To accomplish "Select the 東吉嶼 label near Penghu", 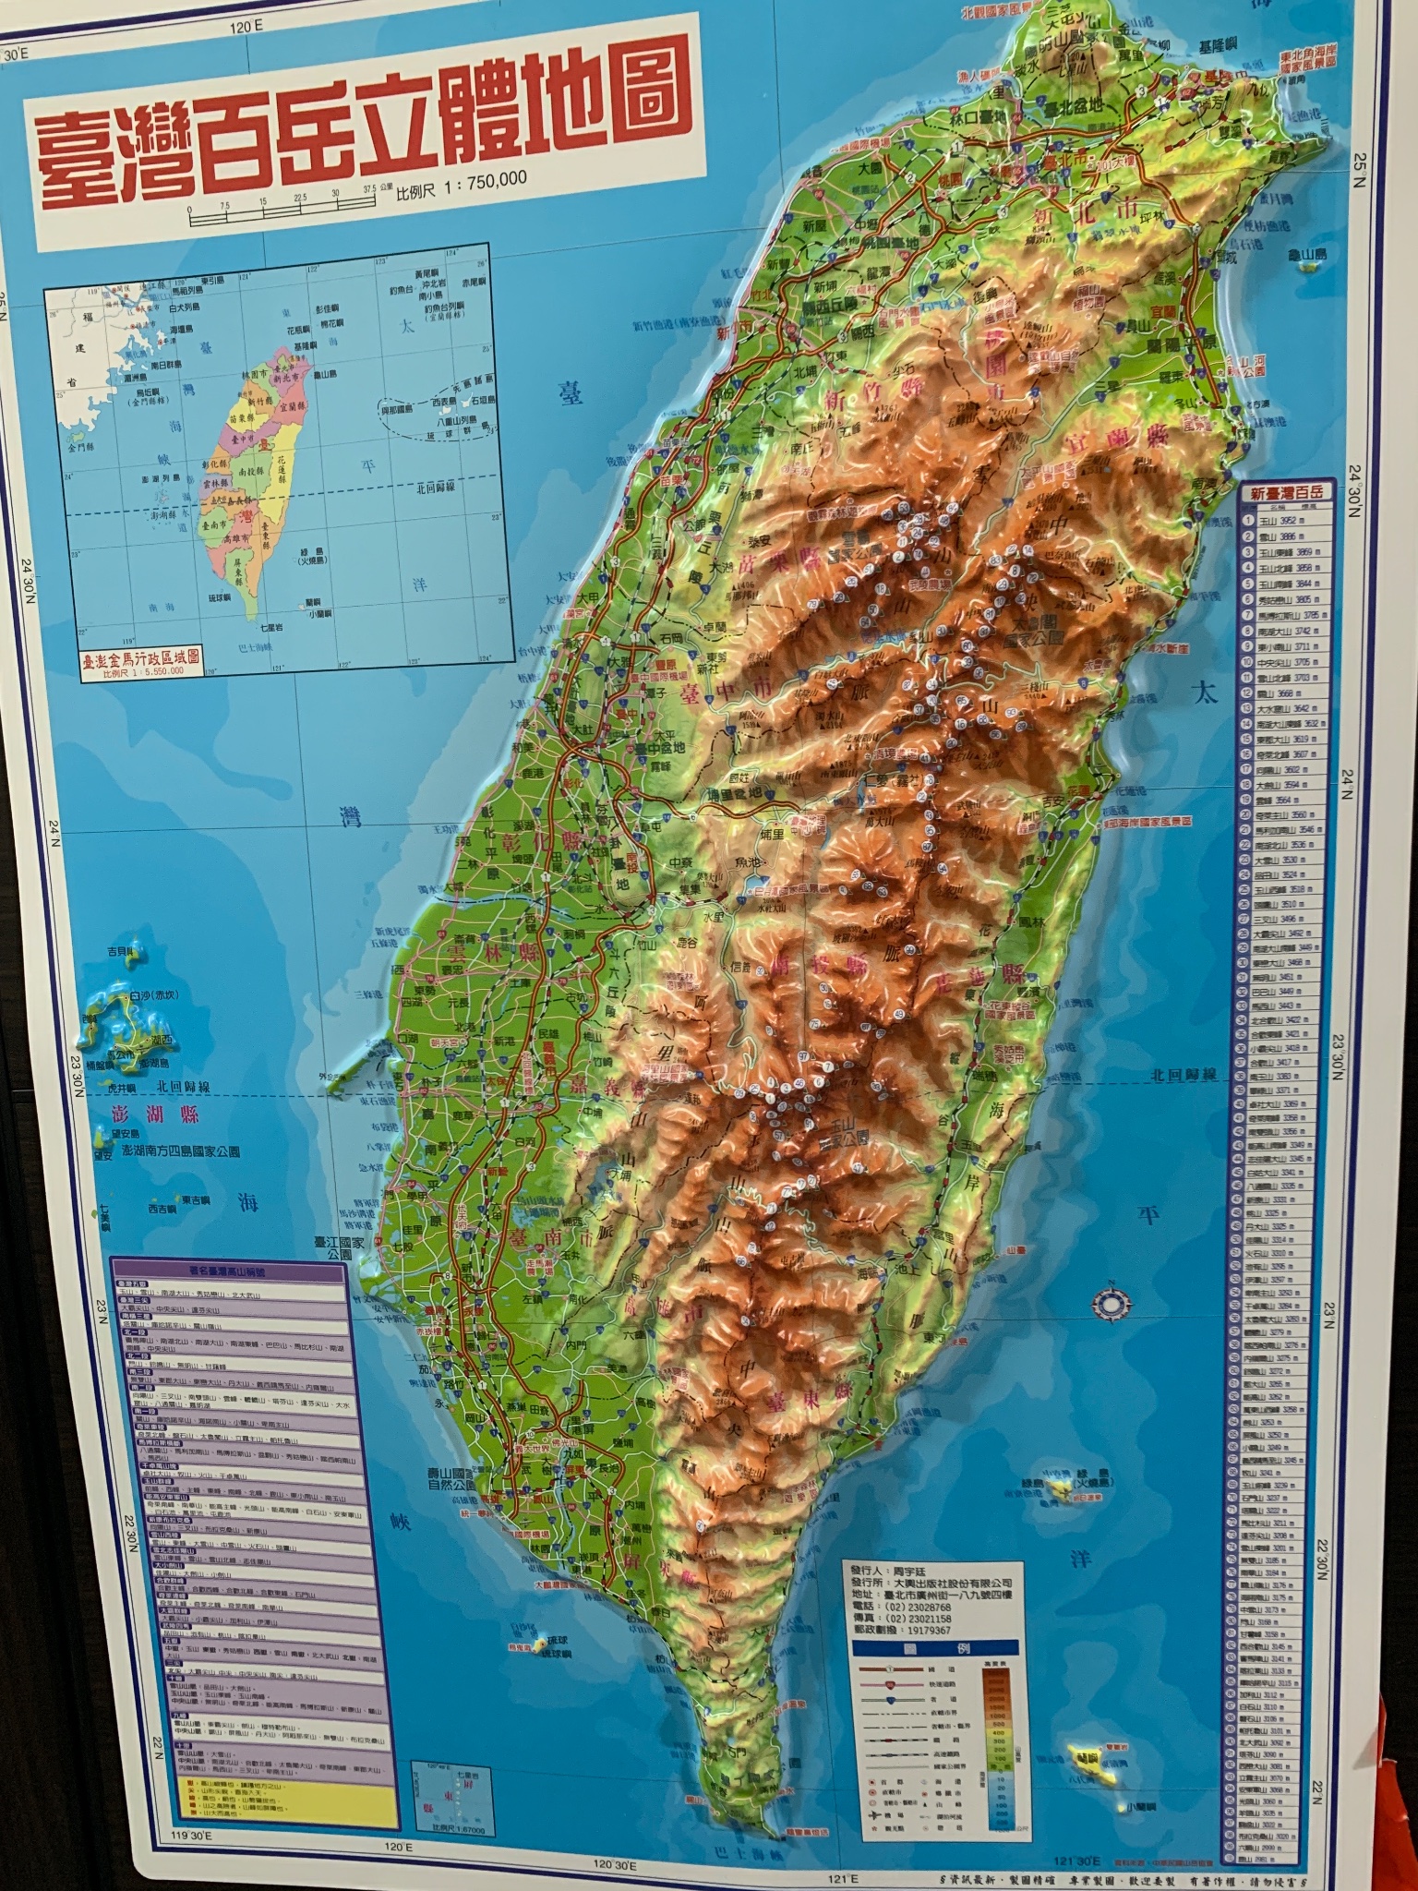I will pos(197,1199).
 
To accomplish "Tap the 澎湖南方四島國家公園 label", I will pos(181,1152).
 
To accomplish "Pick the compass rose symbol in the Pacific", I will pos(1108,1302).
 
